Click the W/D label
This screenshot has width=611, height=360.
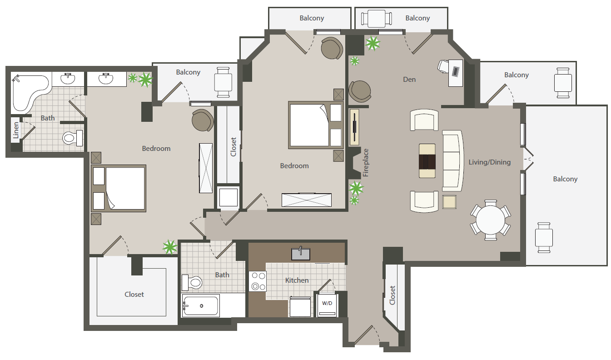(327, 303)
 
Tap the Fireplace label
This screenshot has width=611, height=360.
(366, 163)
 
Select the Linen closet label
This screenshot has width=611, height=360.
(16, 130)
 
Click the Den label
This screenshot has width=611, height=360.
(409, 80)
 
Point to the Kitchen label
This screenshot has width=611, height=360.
(297, 280)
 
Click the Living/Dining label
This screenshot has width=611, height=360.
(490, 162)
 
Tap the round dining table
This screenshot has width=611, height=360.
(491, 220)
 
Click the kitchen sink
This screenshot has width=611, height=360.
(301, 254)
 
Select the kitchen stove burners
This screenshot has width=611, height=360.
(258, 281)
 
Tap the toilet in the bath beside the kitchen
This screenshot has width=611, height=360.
(192, 282)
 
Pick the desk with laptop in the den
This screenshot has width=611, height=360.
(456, 73)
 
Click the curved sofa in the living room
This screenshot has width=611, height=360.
(453, 161)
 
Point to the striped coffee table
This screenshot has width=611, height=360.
(427, 161)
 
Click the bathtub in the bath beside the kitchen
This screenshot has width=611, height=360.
(200, 305)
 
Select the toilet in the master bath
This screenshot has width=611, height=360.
(73, 138)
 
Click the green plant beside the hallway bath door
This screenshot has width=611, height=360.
(170, 247)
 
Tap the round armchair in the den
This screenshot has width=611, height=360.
(360, 91)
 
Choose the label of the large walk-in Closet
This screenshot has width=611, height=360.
(134, 295)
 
